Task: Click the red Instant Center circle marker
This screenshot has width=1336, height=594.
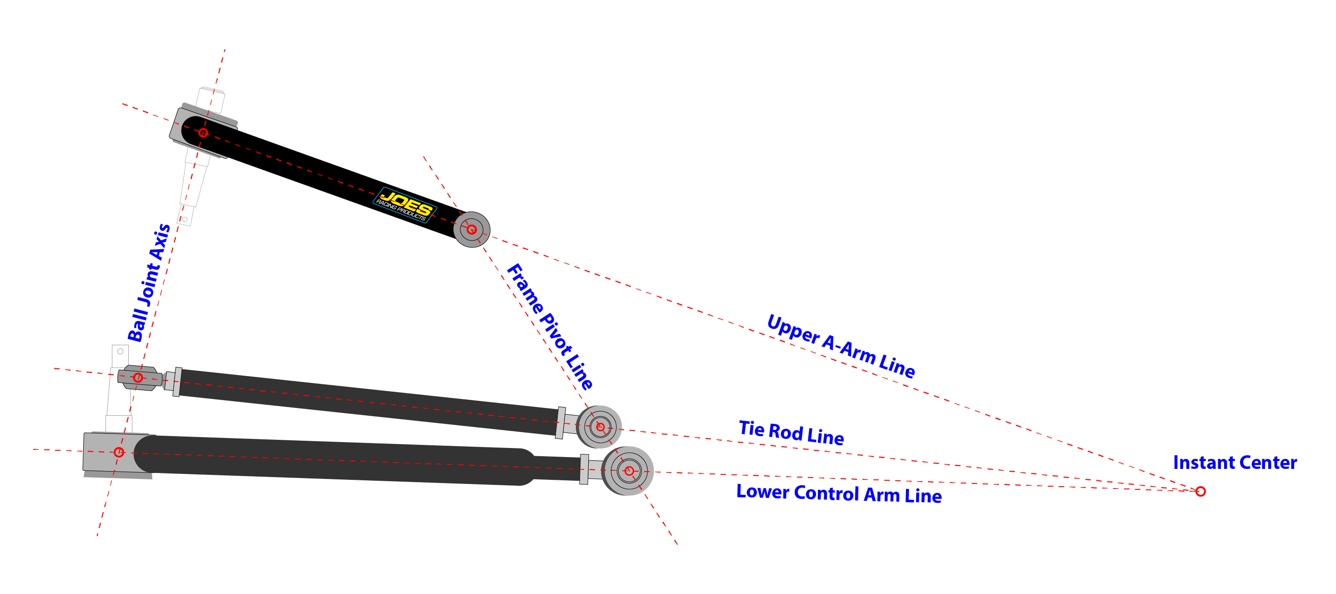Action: (1200, 491)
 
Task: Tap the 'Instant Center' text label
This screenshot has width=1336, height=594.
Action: (1235, 462)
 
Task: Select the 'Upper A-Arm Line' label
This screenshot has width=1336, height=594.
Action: (841, 346)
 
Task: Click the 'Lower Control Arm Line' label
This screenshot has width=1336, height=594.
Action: (839, 493)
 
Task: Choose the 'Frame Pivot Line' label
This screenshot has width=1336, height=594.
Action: (550, 327)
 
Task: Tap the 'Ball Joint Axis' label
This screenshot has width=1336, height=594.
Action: (149, 283)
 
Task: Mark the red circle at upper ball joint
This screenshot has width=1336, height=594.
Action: (203, 133)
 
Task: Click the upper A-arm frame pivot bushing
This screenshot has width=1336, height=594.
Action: (471, 229)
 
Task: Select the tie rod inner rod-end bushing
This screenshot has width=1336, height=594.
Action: (600, 427)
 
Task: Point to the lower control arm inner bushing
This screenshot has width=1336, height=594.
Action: (628, 471)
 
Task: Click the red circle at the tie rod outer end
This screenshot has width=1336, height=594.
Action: (138, 378)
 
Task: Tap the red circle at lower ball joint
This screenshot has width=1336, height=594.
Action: (119, 452)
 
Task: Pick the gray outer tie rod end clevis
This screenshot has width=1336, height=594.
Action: (139, 378)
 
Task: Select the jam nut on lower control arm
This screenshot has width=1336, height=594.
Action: (584, 469)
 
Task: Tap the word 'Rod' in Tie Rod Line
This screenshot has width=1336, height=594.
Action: (786, 432)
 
